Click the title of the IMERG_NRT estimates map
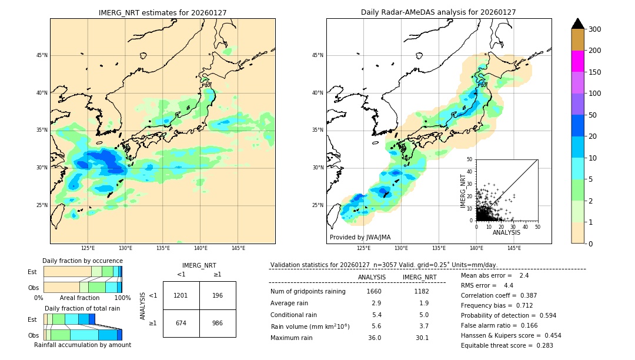coord(162,12)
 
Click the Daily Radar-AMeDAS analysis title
coord(439,12)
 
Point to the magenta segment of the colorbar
coord(578,61)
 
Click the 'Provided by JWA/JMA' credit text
coord(360,237)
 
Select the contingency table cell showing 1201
coord(181,295)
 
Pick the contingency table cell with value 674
coord(181,323)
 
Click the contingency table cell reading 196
coord(218,295)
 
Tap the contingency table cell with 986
coord(218,323)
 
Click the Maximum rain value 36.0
coord(375,338)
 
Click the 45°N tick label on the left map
coord(41,55)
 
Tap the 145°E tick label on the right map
coord(514,248)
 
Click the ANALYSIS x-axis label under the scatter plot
coord(506,232)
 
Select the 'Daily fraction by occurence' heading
coord(82,261)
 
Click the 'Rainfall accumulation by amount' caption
coord(82,345)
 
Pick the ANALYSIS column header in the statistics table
coord(372,277)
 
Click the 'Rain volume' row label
coord(310,326)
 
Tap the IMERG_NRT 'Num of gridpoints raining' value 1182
coord(421,291)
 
